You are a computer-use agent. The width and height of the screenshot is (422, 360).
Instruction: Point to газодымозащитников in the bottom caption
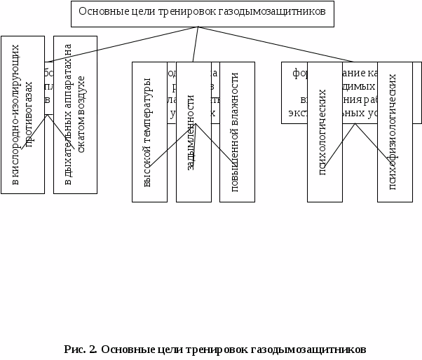tap(307, 349)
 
